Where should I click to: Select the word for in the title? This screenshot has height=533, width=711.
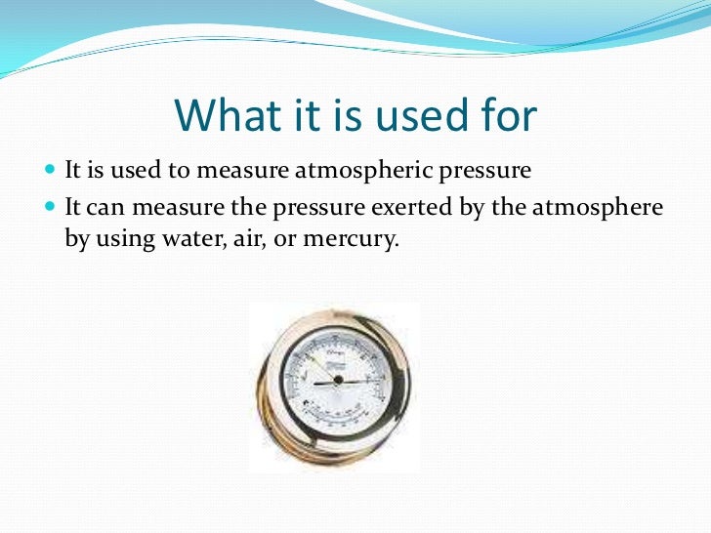tap(504, 117)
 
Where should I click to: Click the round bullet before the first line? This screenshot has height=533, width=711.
tap(51, 170)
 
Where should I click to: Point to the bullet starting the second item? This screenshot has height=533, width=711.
tap(51, 207)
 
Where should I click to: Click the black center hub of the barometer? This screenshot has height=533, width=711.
tap(337, 379)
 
